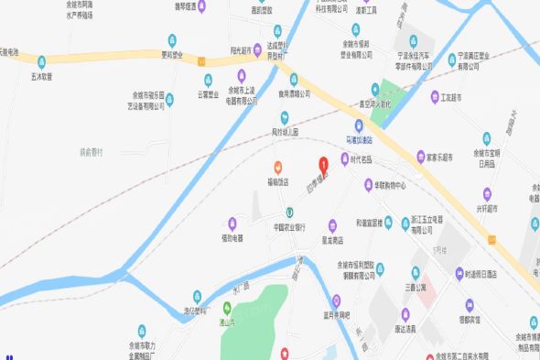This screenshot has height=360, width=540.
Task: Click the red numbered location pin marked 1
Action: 322,166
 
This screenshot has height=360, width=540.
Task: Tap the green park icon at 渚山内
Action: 226,308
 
